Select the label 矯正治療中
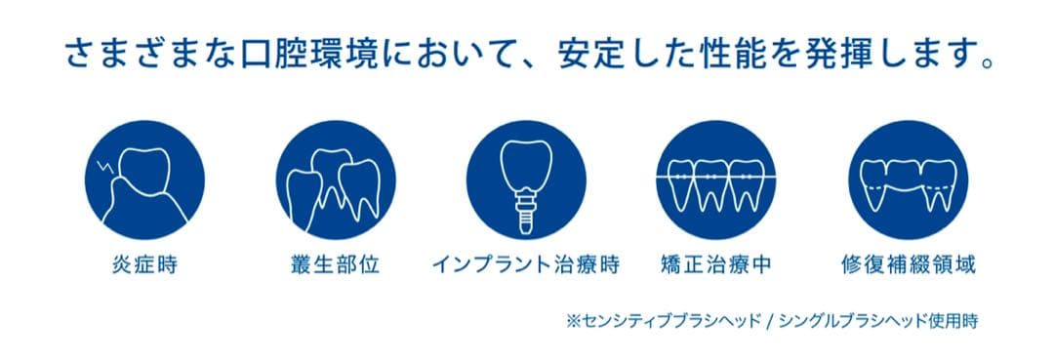pyautogui.click(x=717, y=264)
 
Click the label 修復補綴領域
pyautogui.click(x=909, y=264)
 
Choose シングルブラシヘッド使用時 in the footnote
pyautogui.click(x=877, y=320)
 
